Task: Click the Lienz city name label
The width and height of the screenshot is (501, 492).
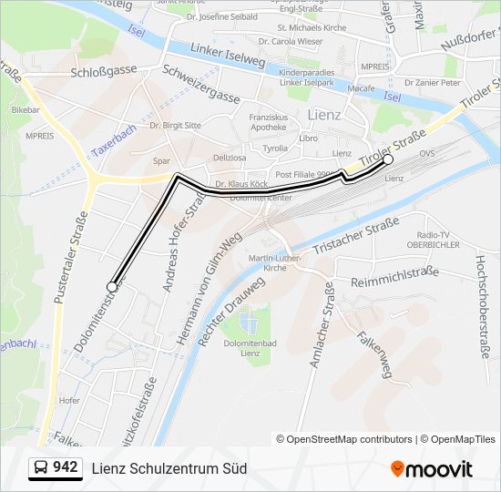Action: (x=324, y=115)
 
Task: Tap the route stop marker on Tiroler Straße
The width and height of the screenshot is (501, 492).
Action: (x=388, y=159)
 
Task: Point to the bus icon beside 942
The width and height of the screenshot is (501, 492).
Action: (x=41, y=468)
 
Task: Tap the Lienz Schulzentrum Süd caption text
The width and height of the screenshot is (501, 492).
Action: (x=169, y=469)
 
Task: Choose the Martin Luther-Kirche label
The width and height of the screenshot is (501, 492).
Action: (x=268, y=263)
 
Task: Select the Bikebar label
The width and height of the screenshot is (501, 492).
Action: (x=26, y=108)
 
